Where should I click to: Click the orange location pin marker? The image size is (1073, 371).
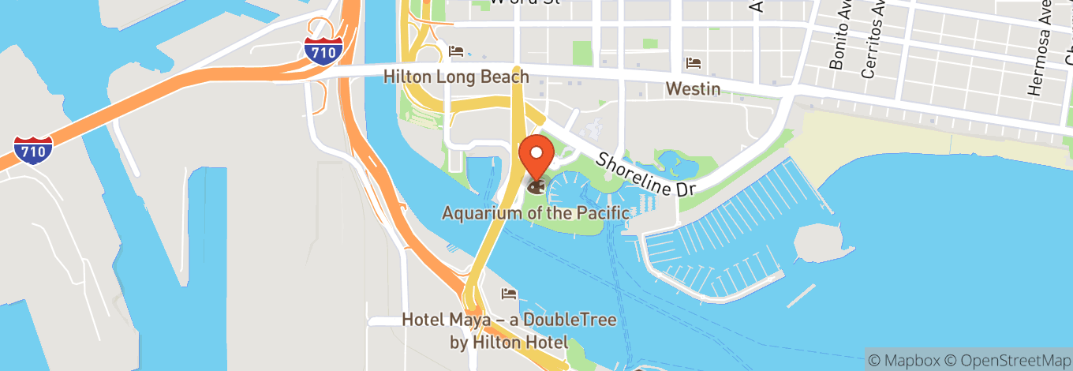coord(536,155)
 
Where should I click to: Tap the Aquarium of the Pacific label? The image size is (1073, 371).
coord(536,213)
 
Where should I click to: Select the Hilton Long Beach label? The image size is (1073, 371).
coord(456,77)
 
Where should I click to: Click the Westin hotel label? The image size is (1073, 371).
coord(693,88)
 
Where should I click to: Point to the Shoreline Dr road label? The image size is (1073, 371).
coord(645,175)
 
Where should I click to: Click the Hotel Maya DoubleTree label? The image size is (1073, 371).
coord(509,331)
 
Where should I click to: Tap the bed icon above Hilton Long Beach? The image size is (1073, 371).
coord(456,51)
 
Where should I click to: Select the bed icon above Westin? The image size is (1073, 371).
coord(694,62)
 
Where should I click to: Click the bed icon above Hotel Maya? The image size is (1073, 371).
coord(510,294)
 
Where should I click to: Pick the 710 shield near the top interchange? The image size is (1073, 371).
coord(323,51)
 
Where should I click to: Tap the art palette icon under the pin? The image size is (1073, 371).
coord(536,187)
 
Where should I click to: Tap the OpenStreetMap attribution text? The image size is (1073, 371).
coord(1006,359)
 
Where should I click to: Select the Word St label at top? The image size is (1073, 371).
coord(524,2)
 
